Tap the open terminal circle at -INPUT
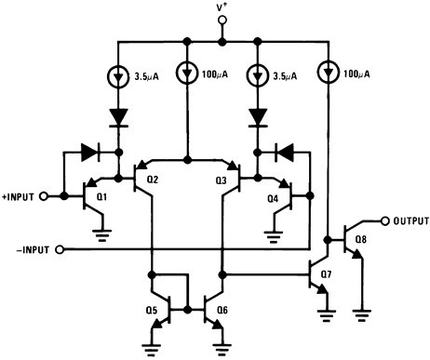60,249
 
